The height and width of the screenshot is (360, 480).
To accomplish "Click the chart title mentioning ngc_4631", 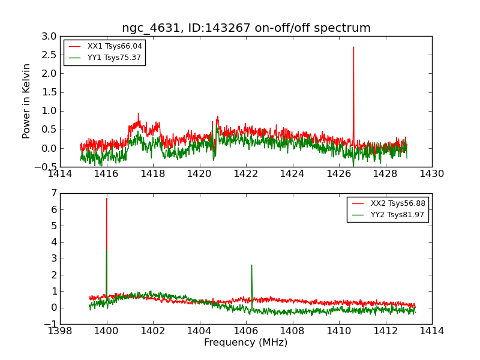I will point(246,28).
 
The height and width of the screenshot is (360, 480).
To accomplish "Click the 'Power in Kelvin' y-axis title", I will point(26,101).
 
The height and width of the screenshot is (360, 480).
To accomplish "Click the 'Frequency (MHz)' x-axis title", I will point(245,343).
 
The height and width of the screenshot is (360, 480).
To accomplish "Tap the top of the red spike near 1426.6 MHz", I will point(353,47).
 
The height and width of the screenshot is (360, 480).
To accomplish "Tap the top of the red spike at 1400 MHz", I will point(107,199).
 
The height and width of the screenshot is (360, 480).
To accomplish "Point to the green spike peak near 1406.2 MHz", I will point(251,265).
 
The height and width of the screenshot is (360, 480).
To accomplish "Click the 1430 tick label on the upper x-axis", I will point(431,174).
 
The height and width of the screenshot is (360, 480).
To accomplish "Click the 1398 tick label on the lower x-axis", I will point(60,331).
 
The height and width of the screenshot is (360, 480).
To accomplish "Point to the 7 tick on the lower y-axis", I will point(53,193).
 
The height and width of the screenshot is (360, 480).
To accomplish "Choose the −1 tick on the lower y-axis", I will point(51,324).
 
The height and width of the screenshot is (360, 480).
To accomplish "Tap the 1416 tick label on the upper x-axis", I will point(107,174).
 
